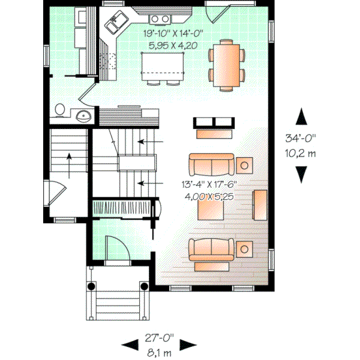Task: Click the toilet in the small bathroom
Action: (59, 110)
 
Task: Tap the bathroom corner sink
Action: (83, 115)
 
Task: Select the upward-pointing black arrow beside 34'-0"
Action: (301, 116)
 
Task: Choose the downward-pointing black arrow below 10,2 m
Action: (301, 173)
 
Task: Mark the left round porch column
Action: (92, 286)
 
